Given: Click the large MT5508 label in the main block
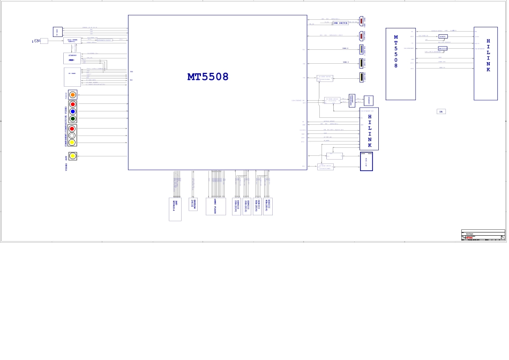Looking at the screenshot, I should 208,77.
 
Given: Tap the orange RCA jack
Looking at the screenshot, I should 72,95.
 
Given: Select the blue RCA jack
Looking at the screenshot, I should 72,111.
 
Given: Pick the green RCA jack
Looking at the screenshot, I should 72,118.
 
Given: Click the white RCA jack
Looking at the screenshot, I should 72,136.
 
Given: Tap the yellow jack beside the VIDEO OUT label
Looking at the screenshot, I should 72,156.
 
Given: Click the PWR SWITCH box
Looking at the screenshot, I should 340,23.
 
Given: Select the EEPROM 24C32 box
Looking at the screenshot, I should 193,204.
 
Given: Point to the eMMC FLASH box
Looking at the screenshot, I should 215,206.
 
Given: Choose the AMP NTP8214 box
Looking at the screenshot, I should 175,209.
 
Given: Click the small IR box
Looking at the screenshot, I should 441,111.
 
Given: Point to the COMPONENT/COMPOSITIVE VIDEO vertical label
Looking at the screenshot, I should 66,126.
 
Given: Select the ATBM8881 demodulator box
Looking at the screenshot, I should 72,58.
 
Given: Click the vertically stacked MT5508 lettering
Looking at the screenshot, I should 396,51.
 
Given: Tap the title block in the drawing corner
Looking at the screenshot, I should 483,235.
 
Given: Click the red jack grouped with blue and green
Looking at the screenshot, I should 72,104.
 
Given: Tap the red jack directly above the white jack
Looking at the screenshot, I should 72,129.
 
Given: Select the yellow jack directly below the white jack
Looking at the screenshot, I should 72,142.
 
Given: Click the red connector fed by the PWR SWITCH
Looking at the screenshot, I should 361,21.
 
